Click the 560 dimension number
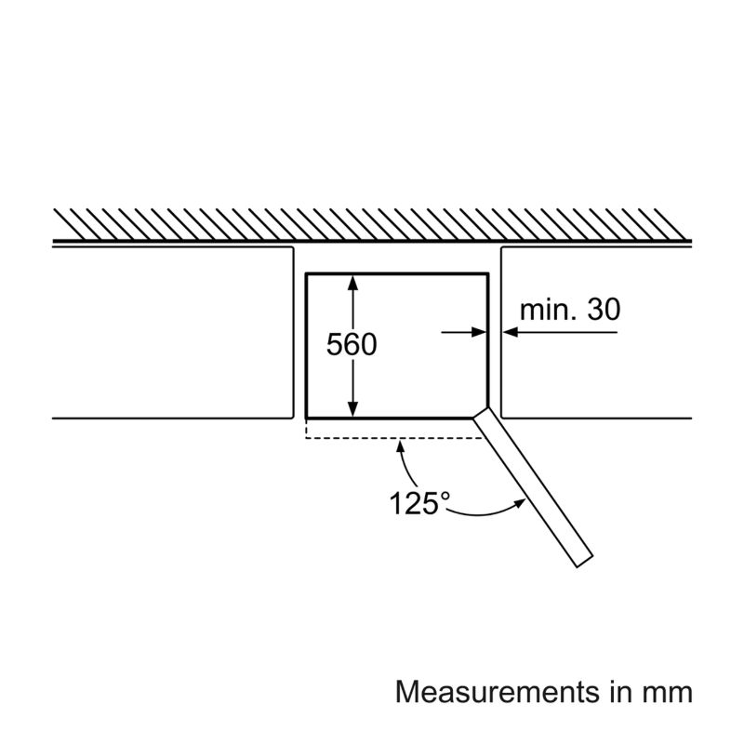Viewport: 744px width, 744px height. click(352, 345)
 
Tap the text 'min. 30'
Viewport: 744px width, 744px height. click(569, 310)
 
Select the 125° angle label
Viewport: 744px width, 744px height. click(418, 503)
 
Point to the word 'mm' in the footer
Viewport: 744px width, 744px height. click(670, 693)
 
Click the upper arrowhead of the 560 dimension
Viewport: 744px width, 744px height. click(353, 281)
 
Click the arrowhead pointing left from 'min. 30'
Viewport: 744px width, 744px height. click(510, 330)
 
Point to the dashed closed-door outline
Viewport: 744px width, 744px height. click(391, 436)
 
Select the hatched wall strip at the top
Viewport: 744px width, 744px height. click(372, 222)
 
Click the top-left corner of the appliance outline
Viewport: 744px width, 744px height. click(307, 273)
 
